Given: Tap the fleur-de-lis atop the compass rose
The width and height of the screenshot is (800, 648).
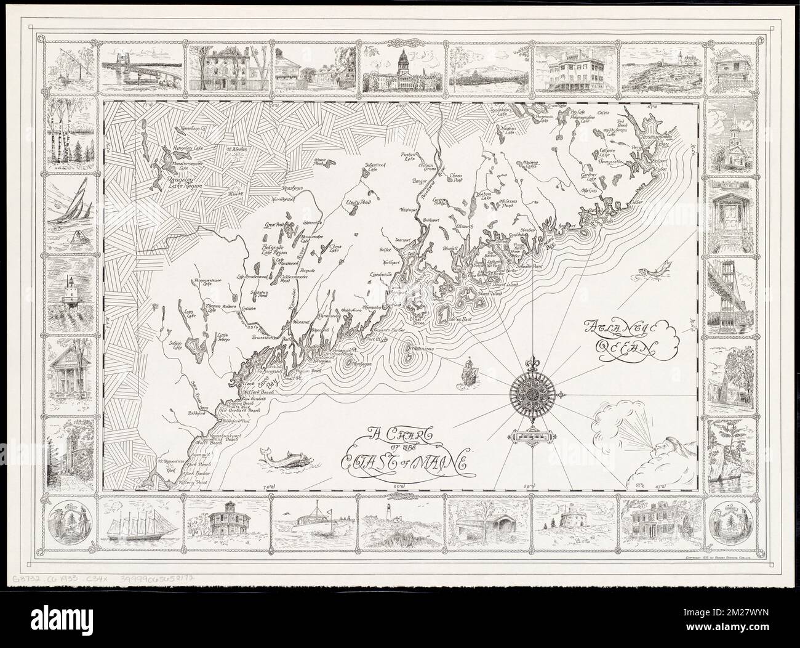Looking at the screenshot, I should (x=533, y=362).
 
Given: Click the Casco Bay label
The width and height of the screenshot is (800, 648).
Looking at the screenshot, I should (x=270, y=388).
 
